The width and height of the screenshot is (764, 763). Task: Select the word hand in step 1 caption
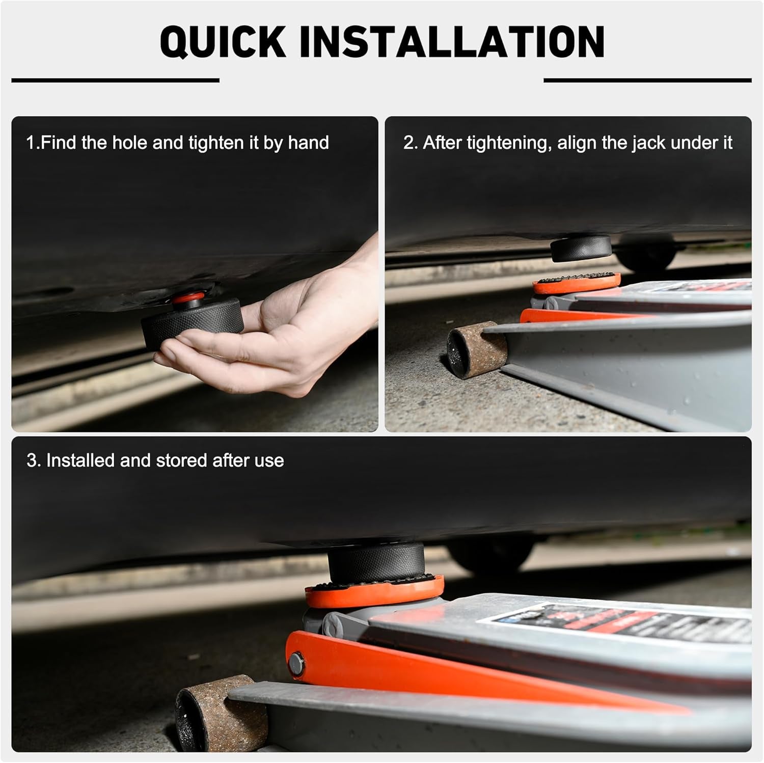point(309,143)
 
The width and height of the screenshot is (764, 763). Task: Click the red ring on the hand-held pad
point(189,297)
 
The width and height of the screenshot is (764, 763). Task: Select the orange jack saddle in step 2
point(577,283)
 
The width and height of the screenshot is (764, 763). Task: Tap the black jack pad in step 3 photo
point(376,562)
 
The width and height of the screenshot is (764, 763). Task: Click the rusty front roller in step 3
point(221,713)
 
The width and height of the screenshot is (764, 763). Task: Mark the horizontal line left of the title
point(115,80)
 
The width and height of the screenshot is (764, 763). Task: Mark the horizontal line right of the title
point(648,80)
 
